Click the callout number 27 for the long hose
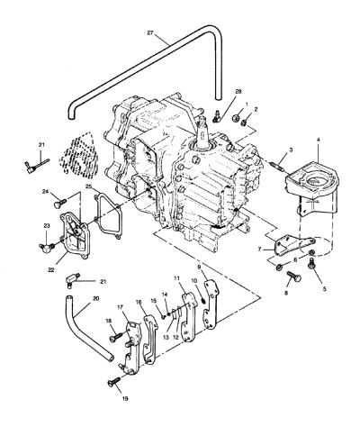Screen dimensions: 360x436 pyautogui.click(x=150, y=32)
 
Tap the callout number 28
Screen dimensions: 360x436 pyautogui.click(x=238, y=92)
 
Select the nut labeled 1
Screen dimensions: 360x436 pyautogui.click(x=237, y=117)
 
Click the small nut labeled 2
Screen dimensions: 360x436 pyautogui.click(x=245, y=123)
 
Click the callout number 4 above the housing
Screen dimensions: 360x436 pyautogui.click(x=318, y=140)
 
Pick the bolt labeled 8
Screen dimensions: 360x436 pyautogui.click(x=294, y=277)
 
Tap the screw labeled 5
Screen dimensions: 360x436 pyautogui.click(x=312, y=263)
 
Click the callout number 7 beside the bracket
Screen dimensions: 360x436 pyautogui.click(x=260, y=249)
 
